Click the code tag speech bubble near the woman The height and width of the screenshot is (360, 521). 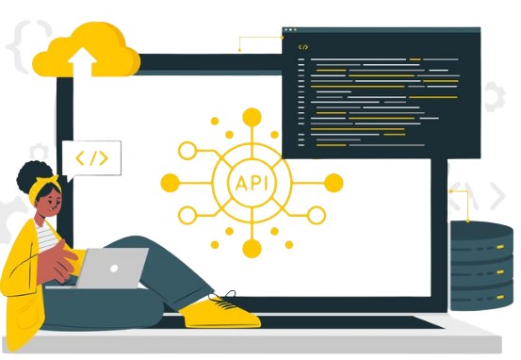(x=91, y=158)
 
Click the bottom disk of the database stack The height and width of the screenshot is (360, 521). (x=481, y=295)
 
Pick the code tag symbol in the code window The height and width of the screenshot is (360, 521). (x=302, y=46)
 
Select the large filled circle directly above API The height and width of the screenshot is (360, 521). (x=250, y=117)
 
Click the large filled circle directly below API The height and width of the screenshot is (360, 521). (x=250, y=248)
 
